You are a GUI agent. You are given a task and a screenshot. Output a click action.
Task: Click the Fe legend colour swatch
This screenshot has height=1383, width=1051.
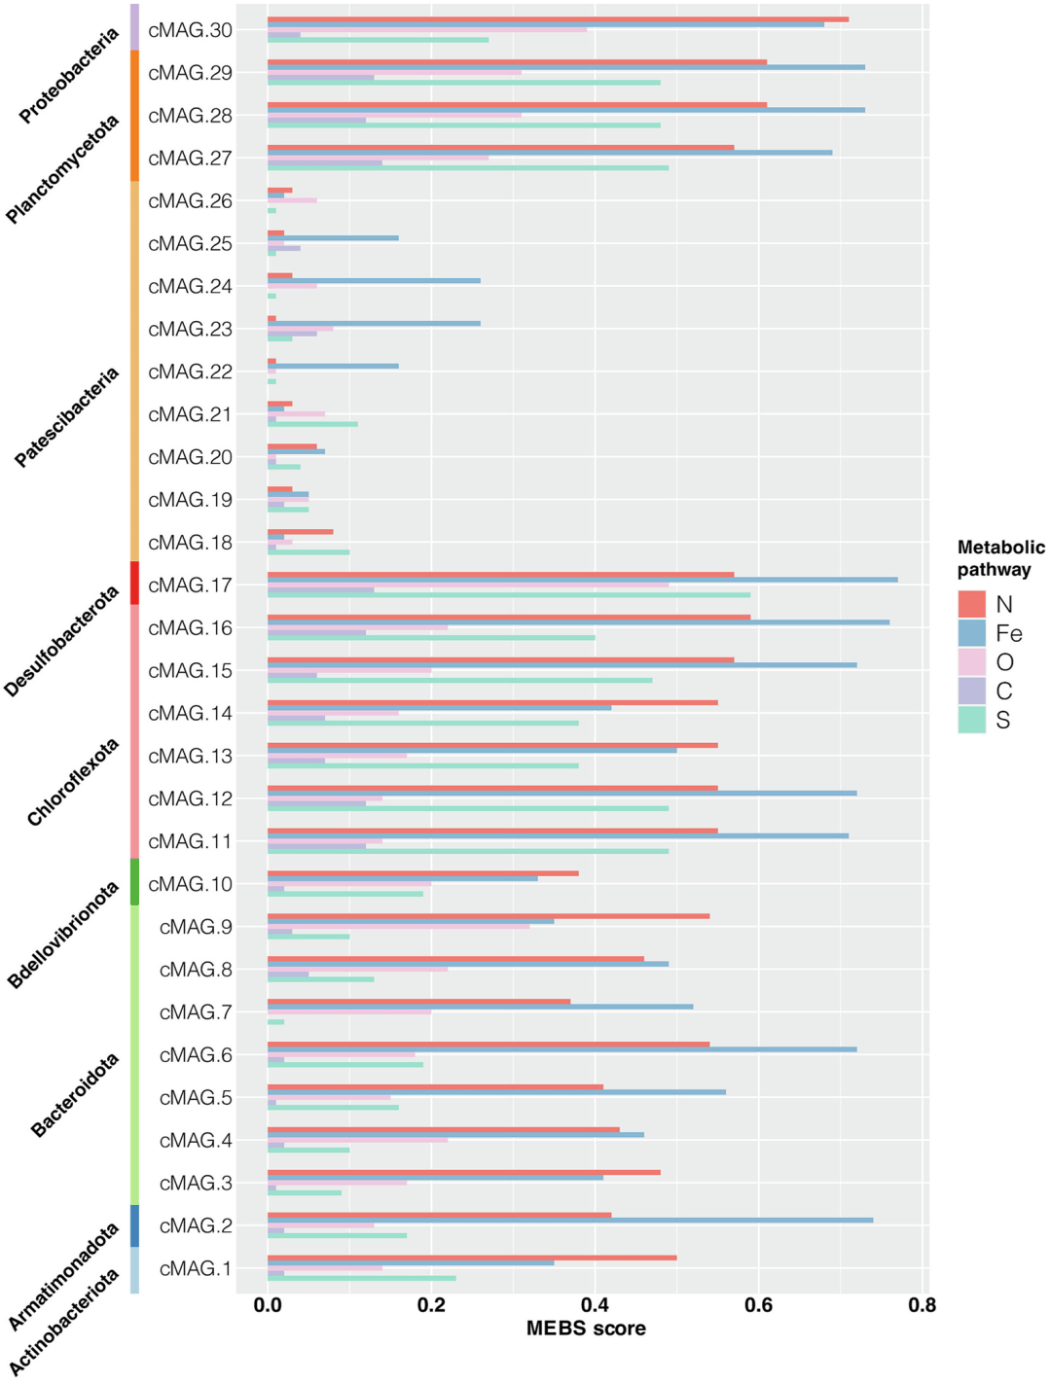click(971, 633)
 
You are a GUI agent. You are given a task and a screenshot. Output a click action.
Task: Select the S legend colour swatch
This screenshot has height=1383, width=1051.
click(971, 720)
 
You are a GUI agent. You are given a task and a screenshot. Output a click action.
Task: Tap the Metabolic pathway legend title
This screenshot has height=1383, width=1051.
click(1000, 558)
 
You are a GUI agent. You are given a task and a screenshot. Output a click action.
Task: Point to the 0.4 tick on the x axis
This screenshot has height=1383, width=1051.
click(595, 1304)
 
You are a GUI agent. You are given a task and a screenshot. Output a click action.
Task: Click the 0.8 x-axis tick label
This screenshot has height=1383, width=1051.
click(922, 1304)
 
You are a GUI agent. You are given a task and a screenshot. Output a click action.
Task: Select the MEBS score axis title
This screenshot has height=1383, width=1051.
click(586, 1329)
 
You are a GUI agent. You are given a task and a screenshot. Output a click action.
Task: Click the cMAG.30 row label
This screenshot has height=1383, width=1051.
click(190, 30)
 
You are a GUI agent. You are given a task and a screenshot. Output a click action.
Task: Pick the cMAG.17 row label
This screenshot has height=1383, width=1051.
click(190, 585)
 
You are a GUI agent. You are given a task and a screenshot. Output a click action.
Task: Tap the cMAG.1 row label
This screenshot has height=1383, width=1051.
click(196, 1268)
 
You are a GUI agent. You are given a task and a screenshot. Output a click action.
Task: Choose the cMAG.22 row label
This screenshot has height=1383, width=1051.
click(190, 372)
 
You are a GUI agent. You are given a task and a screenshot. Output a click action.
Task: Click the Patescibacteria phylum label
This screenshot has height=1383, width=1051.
click(67, 417)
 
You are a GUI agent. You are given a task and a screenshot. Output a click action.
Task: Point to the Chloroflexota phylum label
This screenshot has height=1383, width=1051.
click(73, 782)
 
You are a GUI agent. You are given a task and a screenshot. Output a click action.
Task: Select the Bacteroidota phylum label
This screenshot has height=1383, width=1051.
click(75, 1095)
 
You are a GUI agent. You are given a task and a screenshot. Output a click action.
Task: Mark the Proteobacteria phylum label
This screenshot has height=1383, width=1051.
click(69, 76)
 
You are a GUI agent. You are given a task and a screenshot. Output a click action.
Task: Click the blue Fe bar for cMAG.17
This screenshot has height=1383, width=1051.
click(582, 580)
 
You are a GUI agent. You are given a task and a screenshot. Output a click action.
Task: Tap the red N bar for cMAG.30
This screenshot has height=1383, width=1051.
click(558, 19)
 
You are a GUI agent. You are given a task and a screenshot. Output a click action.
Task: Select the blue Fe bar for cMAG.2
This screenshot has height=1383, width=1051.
click(570, 1221)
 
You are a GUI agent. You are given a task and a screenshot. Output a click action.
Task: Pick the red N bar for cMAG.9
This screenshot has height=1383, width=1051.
click(488, 916)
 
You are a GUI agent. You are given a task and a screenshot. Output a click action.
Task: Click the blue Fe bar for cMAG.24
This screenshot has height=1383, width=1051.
click(374, 281)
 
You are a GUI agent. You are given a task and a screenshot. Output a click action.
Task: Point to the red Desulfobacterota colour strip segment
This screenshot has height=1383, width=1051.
click(134, 583)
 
